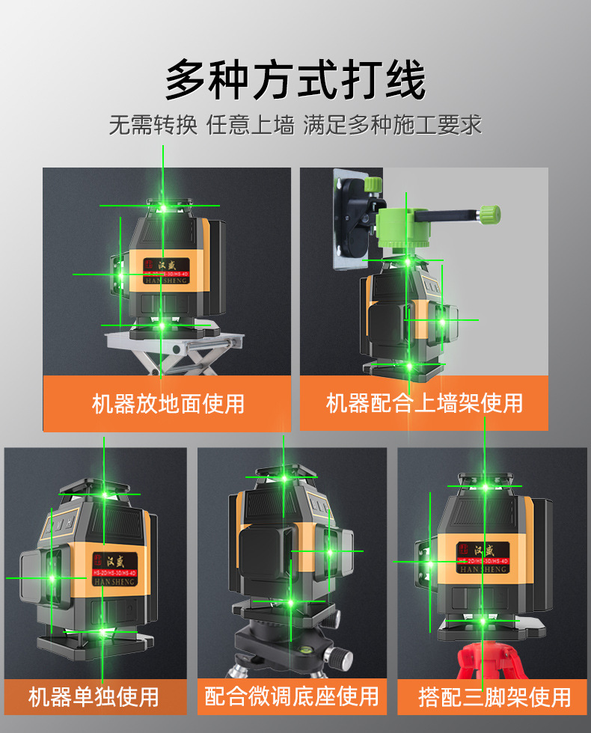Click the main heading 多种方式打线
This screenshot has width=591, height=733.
click(295, 81)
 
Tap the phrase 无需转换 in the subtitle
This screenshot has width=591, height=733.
click(153, 125)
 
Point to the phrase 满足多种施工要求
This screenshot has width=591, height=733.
click(392, 125)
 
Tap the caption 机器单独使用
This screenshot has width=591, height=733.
click(94, 696)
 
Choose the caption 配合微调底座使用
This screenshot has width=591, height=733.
click(292, 696)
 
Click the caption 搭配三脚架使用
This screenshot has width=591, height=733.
click(494, 697)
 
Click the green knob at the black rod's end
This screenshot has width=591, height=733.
click(489, 215)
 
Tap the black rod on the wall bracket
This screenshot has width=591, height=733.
click(441, 217)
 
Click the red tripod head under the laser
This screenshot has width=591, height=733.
click(486, 654)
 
